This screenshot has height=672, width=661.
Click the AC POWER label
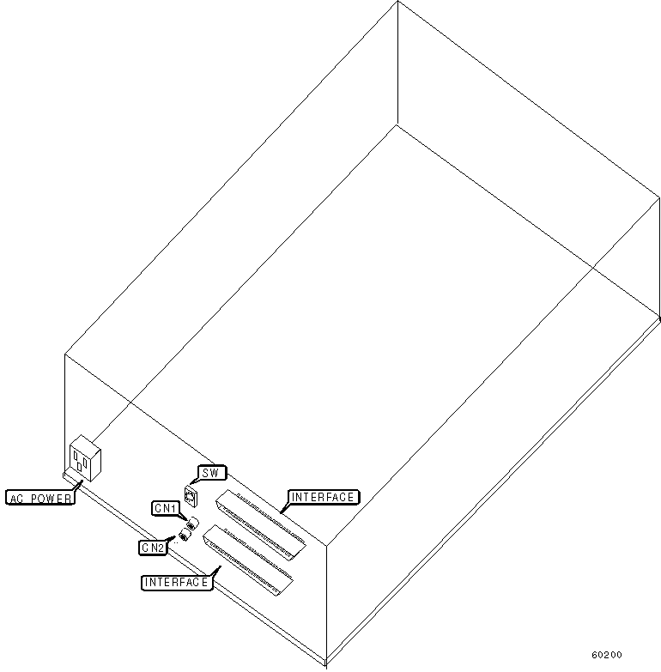coord(40,498)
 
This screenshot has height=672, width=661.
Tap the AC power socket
coord(82,457)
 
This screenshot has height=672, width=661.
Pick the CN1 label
coord(166,509)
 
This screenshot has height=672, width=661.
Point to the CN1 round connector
coord(191,524)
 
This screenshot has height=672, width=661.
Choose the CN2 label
coord(153,546)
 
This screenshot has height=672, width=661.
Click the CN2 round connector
coord(183,538)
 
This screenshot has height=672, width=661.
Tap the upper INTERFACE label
coord(323,497)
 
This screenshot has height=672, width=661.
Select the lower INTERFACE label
coord(176,582)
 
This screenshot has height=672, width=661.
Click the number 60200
coord(606,654)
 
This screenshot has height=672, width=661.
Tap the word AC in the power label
coord(17,498)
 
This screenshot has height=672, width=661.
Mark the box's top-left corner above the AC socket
coord(65,353)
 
